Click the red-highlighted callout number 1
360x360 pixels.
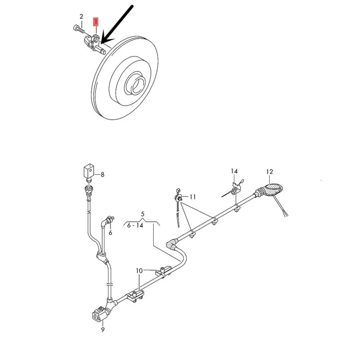coord(95,22)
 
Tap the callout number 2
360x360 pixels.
coord(81,17)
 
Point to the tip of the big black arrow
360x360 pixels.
coord(101,44)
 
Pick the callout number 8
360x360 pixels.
coord(102,175)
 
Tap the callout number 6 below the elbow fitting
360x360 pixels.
coord(111,233)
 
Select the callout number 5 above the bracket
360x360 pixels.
coord(143,214)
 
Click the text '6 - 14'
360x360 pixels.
coord(135,225)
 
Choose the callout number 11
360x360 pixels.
coord(193,197)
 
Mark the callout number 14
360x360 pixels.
coord(234,171)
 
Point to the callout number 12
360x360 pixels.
coord(270,171)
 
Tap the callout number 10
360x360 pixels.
coord(139,271)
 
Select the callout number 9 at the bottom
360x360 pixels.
coord(103,330)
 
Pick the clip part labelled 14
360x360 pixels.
coord(235,187)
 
